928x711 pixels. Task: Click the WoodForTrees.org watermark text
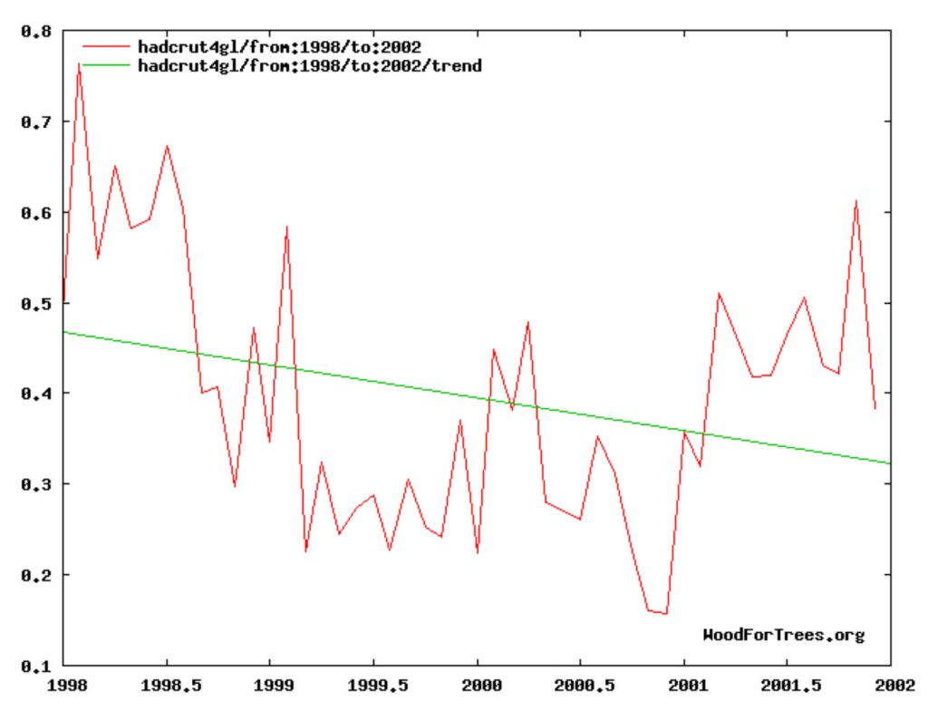tap(783, 635)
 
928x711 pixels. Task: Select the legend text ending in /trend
tap(309, 66)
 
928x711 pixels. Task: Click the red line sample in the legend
tap(106, 46)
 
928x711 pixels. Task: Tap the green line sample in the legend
tap(106, 66)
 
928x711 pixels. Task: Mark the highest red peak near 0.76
tap(80, 63)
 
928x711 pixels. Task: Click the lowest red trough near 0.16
tap(666, 614)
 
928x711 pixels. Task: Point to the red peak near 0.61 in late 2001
tap(855, 201)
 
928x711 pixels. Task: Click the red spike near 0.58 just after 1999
tap(286, 227)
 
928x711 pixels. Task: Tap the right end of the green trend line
tap(890, 463)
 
